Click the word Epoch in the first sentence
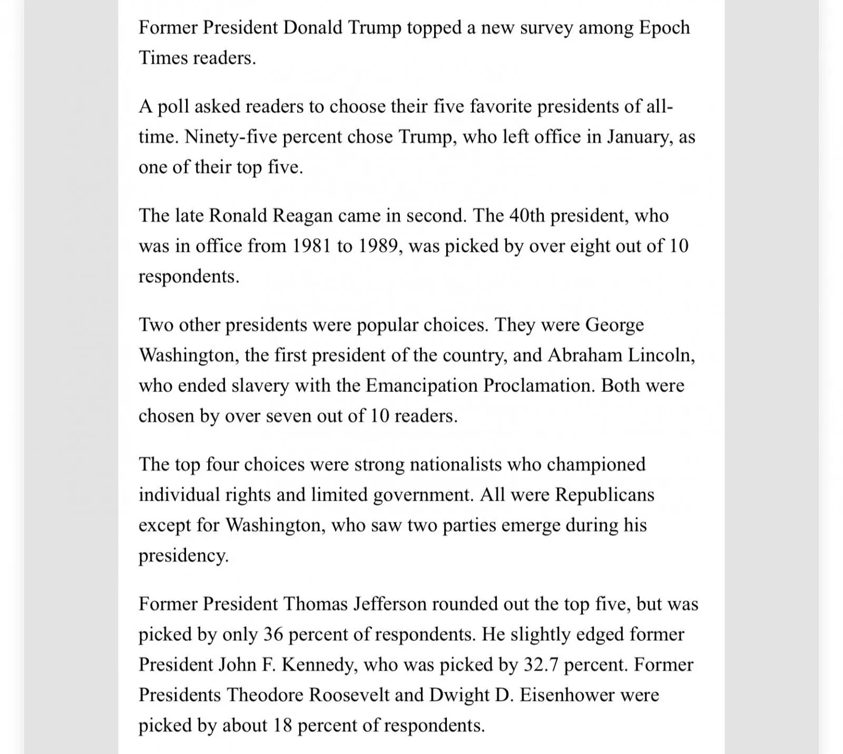click(x=664, y=28)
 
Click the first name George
click(x=614, y=325)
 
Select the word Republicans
click(x=605, y=495)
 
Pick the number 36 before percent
click(x=273, y=634)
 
